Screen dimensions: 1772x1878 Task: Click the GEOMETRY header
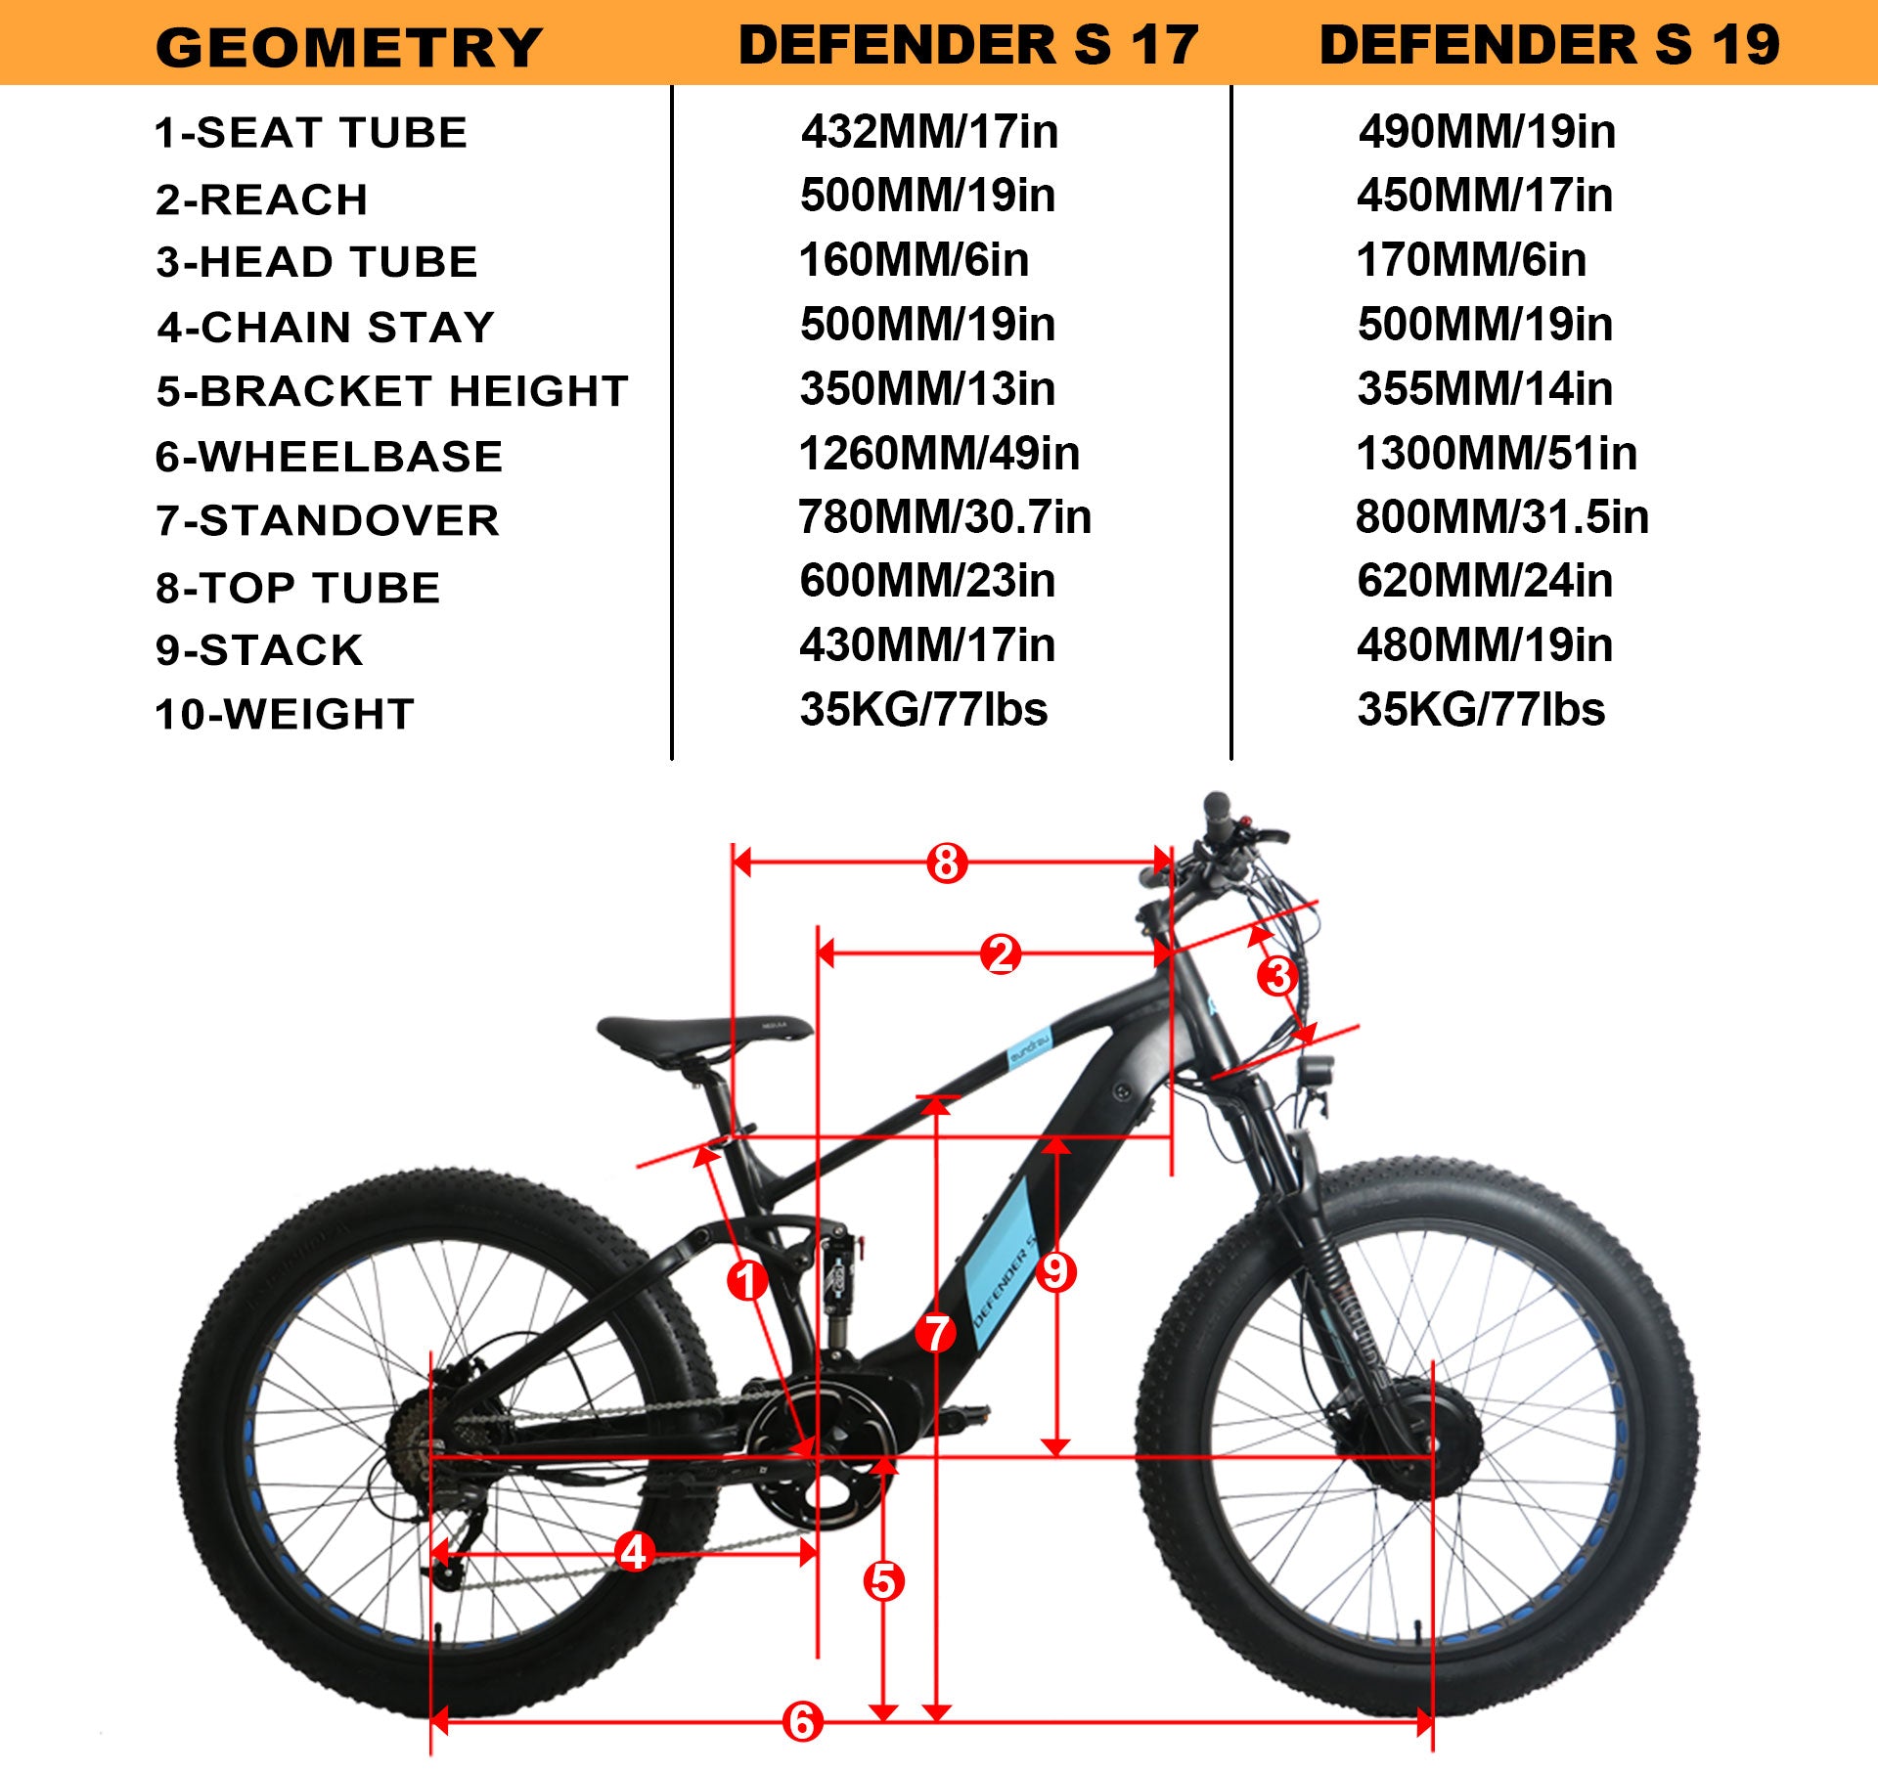point(348,47)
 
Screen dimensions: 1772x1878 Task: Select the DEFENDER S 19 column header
point(1549,45)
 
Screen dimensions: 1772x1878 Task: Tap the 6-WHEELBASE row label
point(329,457)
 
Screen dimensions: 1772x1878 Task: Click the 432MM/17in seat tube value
point(929,131)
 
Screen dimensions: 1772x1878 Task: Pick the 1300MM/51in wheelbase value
point(1496,454)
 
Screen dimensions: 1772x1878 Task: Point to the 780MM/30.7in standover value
point(944,517)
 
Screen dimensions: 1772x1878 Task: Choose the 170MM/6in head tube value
point(1470,260)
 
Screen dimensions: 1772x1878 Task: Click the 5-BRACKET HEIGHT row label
point(391,391)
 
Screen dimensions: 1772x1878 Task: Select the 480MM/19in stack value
point(1484,645)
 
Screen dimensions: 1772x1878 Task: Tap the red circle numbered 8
point(946,864)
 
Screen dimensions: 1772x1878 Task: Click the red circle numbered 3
point(1277,975)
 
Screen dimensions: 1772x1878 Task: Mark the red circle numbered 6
point(802,1722)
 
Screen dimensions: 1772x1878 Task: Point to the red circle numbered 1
point(747,1280)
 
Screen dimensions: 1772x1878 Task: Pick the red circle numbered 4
point(634,1552)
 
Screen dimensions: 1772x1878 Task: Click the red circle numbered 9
point(1055,1272)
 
